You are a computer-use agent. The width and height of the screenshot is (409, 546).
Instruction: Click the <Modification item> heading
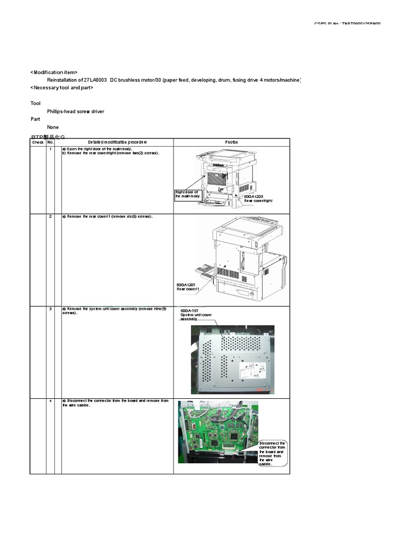54,72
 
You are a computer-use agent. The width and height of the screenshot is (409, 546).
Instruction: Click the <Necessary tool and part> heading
62,87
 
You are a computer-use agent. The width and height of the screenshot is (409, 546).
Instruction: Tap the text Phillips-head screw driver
76,111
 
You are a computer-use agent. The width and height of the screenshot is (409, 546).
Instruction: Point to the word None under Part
53,127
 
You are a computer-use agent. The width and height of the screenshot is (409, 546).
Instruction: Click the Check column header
38,142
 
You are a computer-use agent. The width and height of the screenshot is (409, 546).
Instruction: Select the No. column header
51,142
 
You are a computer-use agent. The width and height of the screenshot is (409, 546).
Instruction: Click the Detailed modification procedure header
117,142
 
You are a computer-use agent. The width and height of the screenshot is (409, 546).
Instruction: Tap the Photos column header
232,142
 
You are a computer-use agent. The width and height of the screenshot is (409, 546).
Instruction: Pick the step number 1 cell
51,149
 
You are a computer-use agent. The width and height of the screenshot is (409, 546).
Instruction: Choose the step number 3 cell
51,309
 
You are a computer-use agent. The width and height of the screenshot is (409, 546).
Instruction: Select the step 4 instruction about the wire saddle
115,403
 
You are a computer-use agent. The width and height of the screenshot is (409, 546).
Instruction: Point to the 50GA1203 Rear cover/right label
258,198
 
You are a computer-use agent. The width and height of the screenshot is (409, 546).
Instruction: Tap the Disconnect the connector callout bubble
272,454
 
